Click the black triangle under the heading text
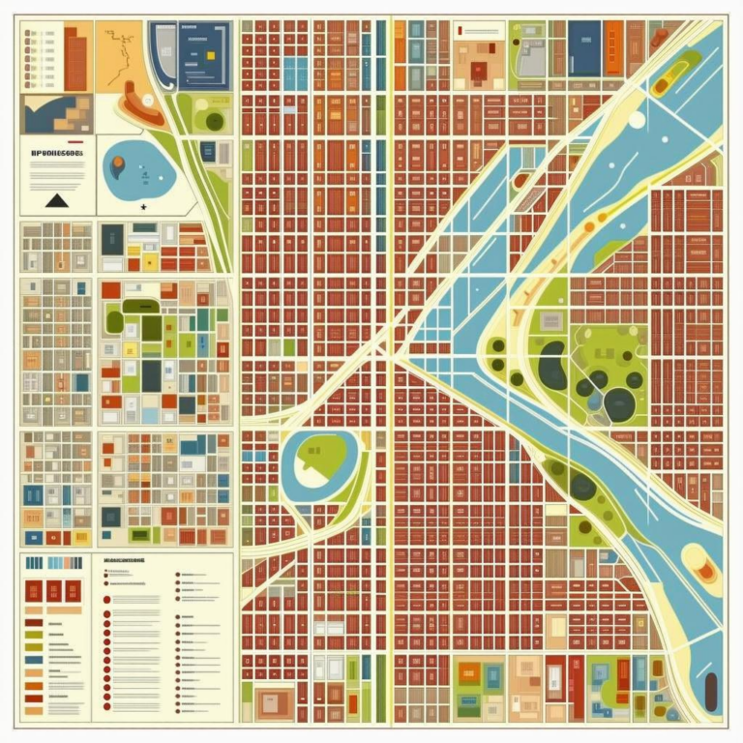point(56,200)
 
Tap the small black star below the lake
point(143,206)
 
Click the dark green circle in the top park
point(215,121)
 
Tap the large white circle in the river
point(637,120)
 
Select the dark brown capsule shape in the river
point(711,690)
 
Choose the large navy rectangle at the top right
point(584,47)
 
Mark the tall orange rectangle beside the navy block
point(612,47)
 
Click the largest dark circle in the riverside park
point(620,404)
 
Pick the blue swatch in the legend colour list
point(33,660)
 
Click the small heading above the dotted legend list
point(124,559)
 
